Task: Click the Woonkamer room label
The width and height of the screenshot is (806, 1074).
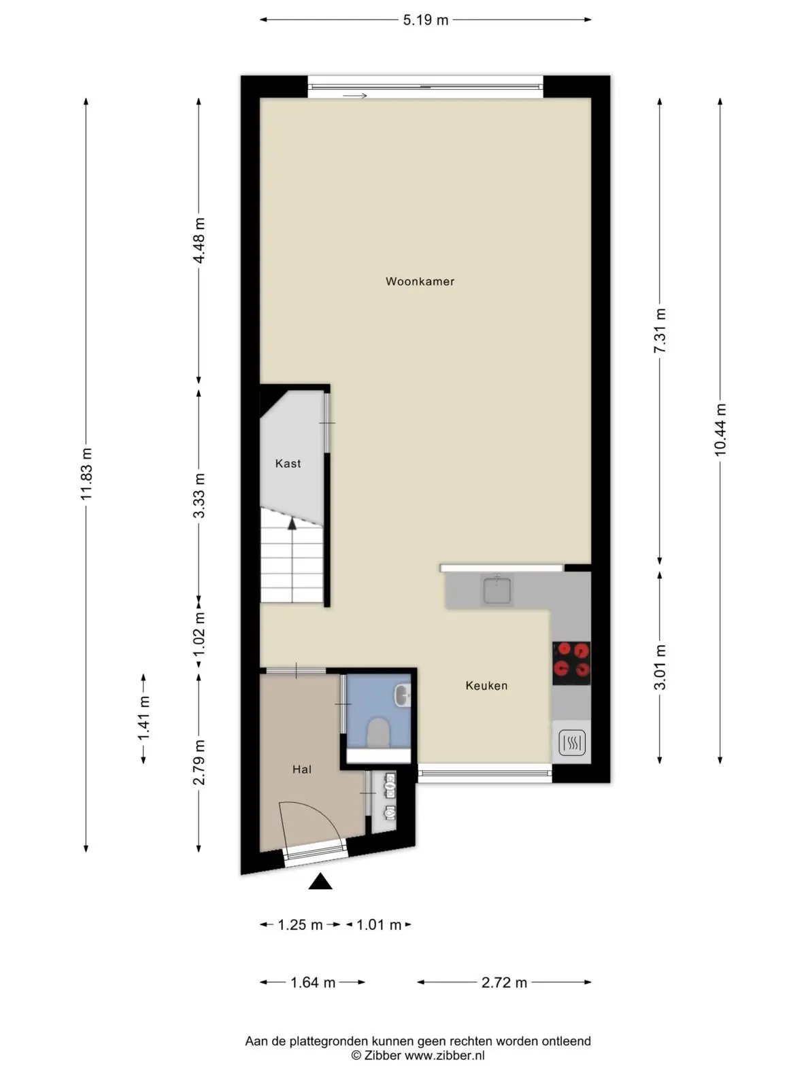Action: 420,281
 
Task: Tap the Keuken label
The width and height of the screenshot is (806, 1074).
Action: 486,686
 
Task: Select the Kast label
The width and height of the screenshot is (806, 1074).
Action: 288,464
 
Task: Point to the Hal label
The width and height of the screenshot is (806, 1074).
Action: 302,769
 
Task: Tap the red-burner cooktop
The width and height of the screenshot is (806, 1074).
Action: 571,663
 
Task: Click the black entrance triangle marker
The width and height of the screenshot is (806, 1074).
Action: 320,881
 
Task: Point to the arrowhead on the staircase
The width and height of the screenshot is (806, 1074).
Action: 292,524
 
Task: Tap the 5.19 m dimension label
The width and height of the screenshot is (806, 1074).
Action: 426,20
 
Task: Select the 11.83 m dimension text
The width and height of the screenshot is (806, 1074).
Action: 86,474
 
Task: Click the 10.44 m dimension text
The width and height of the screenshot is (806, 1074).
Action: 720,430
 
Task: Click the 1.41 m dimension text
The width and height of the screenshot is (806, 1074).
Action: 144,718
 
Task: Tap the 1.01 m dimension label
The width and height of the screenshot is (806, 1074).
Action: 379,924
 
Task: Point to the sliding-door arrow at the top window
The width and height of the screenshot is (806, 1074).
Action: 355,96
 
